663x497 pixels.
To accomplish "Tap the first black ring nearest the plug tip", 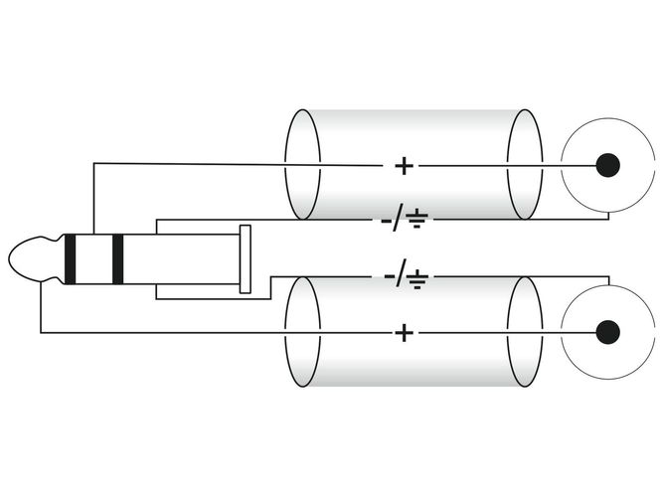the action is [71, 258].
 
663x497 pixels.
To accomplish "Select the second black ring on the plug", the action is [118, 258].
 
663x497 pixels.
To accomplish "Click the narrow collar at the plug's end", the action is [246, 258].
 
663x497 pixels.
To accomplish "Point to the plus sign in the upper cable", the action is [405, 166].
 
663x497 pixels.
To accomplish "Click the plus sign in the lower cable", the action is [405, 333].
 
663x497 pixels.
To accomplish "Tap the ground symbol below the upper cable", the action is [417, 219].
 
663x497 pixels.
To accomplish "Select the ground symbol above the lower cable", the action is [417, 278].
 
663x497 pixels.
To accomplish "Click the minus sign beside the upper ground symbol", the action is [387, 221].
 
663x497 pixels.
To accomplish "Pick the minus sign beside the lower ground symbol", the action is [390, 277].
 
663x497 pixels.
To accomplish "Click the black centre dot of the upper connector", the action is [608, 165].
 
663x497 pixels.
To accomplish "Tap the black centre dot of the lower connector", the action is [608, 332].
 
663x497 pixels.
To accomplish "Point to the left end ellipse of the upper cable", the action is [285, 165].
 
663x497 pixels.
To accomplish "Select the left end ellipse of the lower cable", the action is [285, 332].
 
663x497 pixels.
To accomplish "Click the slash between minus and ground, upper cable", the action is [399, 218].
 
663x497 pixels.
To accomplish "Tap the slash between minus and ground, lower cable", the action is [401, 273].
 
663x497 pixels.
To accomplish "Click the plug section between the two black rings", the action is [93, 258].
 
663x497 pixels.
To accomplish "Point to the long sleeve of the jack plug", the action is [181, 258].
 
